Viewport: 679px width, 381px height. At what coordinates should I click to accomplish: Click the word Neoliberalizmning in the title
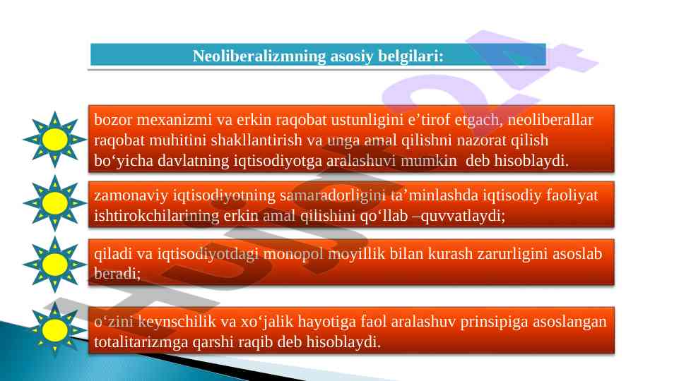[x=259, y=56]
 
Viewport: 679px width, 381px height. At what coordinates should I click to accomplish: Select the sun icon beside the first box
[x=55, y=139]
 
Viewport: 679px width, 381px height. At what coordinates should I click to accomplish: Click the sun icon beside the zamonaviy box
[x=55, y=202]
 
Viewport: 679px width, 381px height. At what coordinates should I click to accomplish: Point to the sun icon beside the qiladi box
[x=55, y=265]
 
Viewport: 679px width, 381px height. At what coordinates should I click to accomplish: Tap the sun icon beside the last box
[x=55, y=330]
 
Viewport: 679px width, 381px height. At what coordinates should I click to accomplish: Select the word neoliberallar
[x=550, y=120]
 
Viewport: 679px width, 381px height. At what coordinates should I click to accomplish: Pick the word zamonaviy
[x=131, y=195]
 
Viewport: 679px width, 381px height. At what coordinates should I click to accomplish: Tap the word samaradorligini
[x=333, y=195]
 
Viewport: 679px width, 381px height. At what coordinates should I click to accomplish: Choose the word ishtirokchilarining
[x=157, y=215]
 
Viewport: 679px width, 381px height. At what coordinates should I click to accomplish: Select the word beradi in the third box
[x=116, y=273]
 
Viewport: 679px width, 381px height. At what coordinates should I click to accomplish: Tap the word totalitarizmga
[x=141, y=342]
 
